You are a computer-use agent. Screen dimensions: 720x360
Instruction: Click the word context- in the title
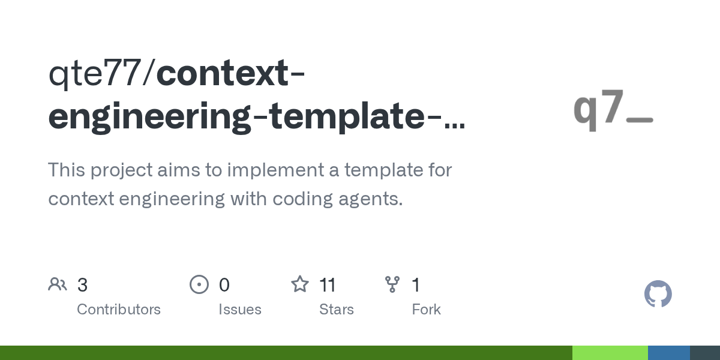pos(230,73)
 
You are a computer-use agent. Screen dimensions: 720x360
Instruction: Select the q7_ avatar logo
pos(613,110)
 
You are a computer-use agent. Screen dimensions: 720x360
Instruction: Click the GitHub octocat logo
pos(658,294)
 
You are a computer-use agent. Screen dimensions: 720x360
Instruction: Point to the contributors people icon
pos(58,284)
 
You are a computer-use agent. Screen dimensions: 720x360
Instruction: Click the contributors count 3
pos(82,285)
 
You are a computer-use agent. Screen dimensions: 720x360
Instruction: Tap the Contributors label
pos(119,310)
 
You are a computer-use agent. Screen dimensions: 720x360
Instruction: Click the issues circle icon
pos(199,284)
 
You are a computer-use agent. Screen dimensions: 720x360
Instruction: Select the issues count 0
pos(224,285)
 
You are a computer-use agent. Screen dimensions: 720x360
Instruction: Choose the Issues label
pos(240,310)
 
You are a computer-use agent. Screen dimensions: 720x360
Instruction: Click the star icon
pos(300,284)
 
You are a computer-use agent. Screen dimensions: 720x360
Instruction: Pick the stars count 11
pos(328,285)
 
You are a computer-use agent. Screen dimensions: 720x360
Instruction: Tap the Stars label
pos(336,310)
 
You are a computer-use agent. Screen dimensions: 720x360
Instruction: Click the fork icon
pos(392,284)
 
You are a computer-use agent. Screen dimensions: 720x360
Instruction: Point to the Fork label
pos(426,310)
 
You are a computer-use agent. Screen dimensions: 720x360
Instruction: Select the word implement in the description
pos(275,170)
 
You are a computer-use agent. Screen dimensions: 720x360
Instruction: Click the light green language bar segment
pos(610,353)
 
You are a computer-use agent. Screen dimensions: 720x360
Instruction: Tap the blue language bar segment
pos(669,353)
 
